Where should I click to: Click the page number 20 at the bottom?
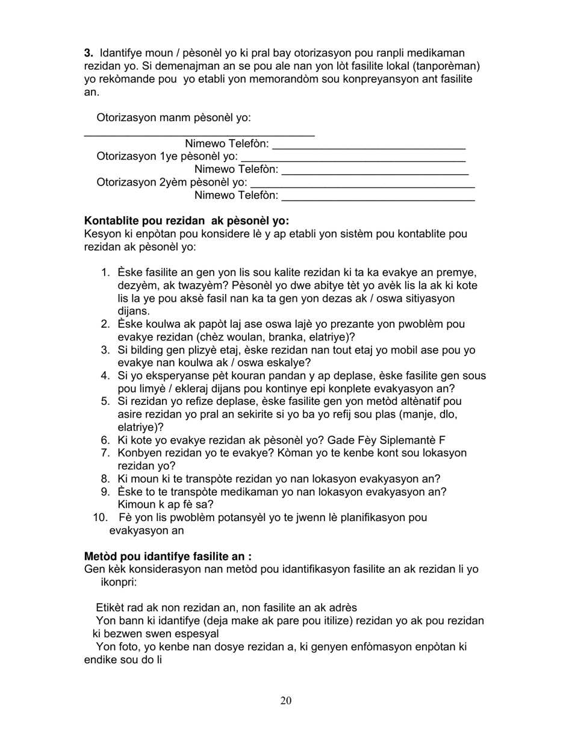(286, 700)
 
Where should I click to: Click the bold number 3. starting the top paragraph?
(89, 53)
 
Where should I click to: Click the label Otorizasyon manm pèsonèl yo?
(174, 118)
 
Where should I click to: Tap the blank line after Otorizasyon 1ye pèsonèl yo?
(353, 157)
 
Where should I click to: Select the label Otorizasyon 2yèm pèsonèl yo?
(172, 183)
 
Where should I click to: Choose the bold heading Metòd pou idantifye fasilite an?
(168, 557)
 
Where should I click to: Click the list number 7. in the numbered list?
(105, 453)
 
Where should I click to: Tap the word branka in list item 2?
(300, 337)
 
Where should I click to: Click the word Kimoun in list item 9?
(136, 505)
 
